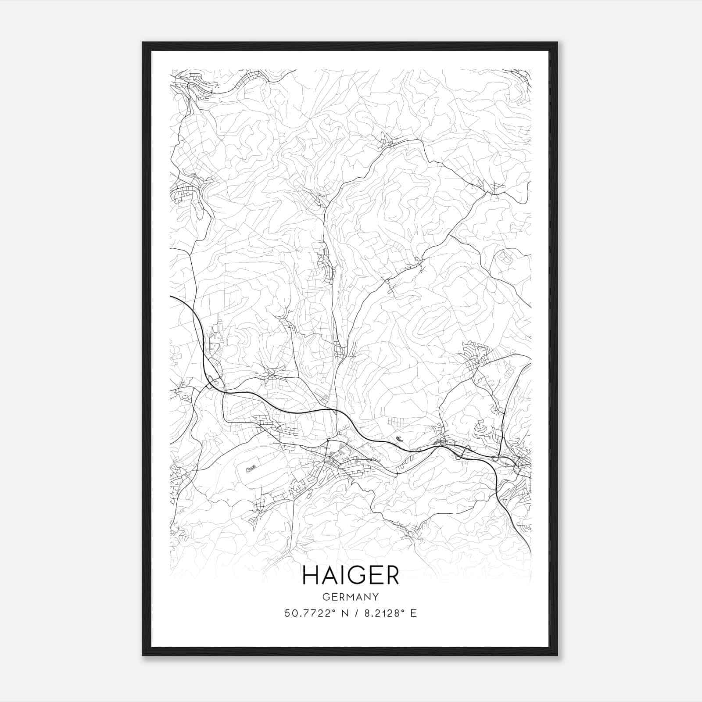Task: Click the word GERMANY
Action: [x=351, y=597]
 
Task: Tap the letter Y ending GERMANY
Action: [x=376, y=597]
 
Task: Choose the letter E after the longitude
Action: [x=413, y=613]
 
